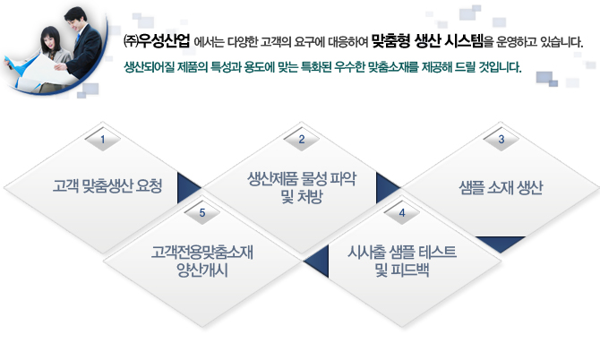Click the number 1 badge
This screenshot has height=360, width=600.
pos(103,140)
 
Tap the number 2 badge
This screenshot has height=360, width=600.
pos(302,140)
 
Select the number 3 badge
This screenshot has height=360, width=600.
pos(501,140)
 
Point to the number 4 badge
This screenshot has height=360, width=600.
pos(402,213)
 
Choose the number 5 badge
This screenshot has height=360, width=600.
pos(202,213)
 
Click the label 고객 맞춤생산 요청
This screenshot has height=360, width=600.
pos(107,186)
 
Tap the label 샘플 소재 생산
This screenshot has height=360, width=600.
pos(501,187)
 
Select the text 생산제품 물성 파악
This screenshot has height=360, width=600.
pos(302,179)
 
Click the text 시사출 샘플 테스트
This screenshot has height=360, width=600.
pos(402,253)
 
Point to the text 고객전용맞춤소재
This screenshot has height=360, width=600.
pos(202,253)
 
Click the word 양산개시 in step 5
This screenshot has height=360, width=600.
pos(202,270)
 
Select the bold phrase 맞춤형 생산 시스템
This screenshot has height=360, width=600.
pos(427,41)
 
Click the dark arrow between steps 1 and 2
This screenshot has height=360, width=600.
pos(187,187)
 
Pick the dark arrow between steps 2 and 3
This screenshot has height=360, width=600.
pos(386,187)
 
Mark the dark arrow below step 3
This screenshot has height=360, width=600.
pos(500,243)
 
